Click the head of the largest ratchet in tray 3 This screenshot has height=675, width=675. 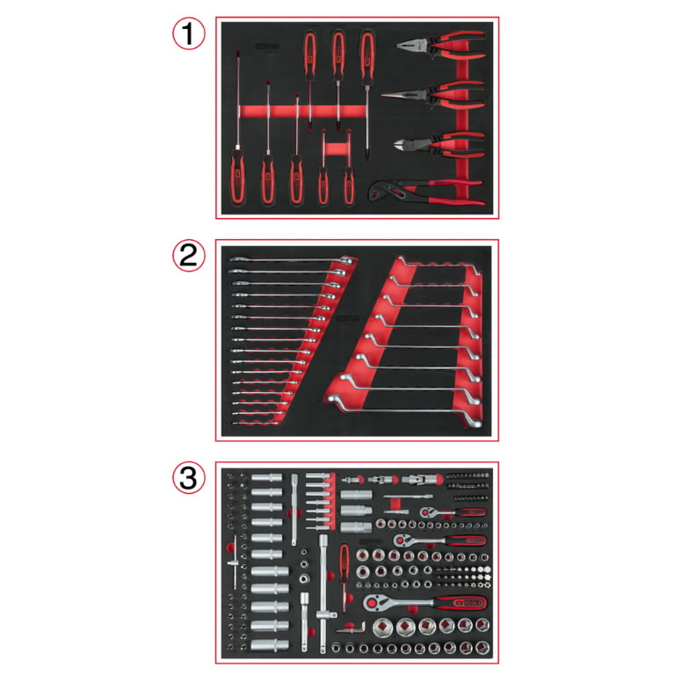[x=373, y=603]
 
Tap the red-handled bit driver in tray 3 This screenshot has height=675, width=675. [x=344, y=562]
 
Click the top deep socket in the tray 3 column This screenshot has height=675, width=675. [x=264, y=482]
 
